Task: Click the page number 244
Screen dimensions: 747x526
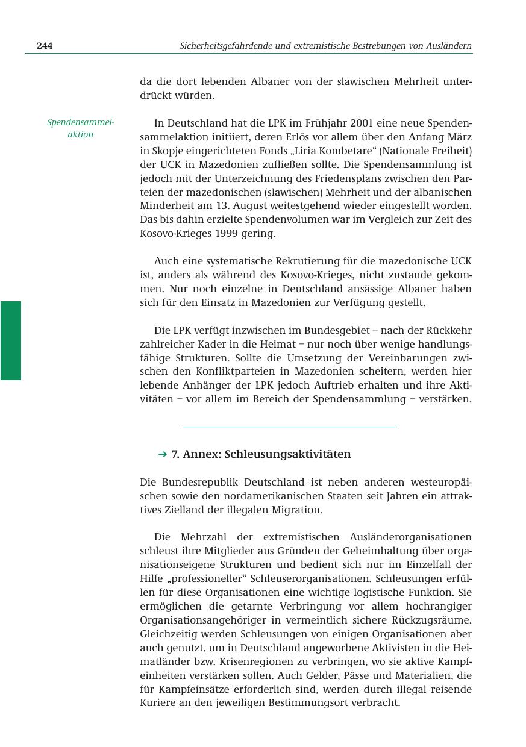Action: point(45,46)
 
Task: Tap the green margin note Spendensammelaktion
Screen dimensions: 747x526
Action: point(81,128)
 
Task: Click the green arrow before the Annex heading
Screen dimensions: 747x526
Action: point(162,454)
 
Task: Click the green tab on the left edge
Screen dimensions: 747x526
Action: point(11,340)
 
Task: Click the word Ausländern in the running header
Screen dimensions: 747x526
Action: point(448,46)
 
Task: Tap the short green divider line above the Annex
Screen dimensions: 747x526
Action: point(289,427)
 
